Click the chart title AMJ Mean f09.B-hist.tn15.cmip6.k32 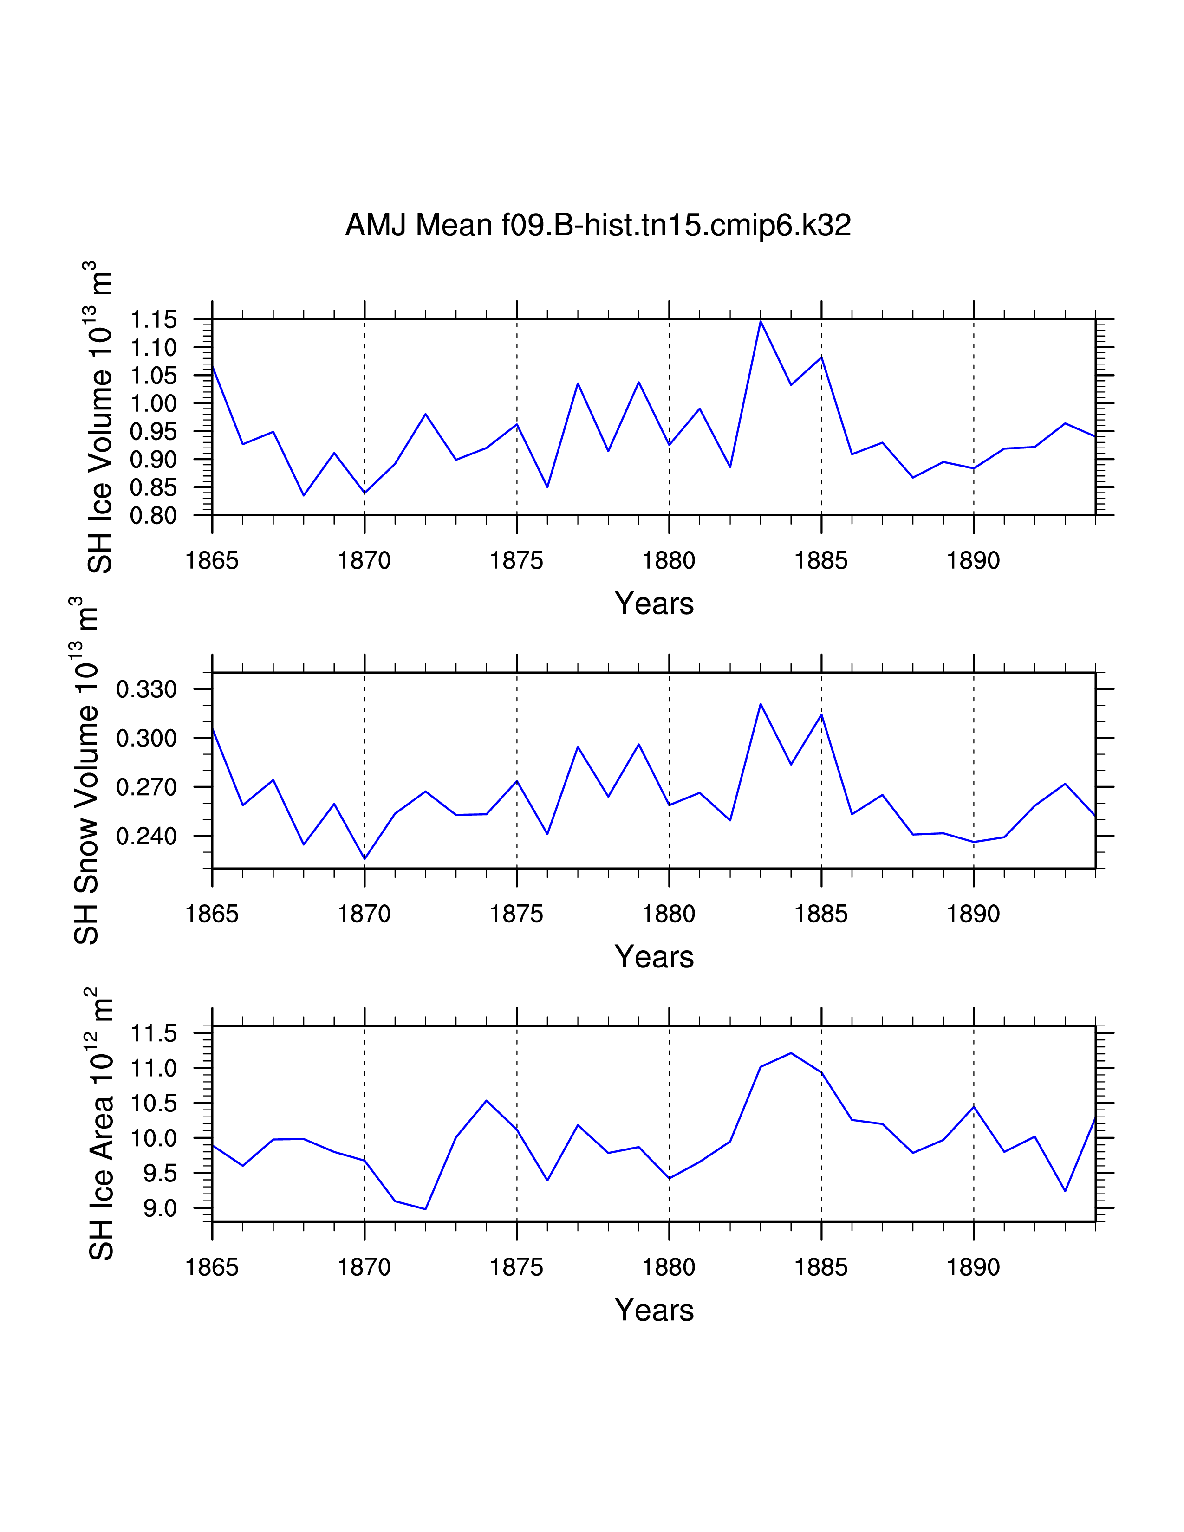(x=598, y=225)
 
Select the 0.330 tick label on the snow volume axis (x=147, y=689)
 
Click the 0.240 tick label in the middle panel (x=147, y=836)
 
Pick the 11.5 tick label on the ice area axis (x=154, y=1033)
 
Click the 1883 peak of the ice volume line (x=761, y=321)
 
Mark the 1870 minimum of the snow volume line (x=365, y=858)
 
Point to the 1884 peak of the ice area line (x=791, y=1053)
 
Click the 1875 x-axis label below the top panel (x=516, y=561)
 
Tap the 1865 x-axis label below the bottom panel (x=212, y=1267)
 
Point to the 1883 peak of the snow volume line (x=761, y=704)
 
